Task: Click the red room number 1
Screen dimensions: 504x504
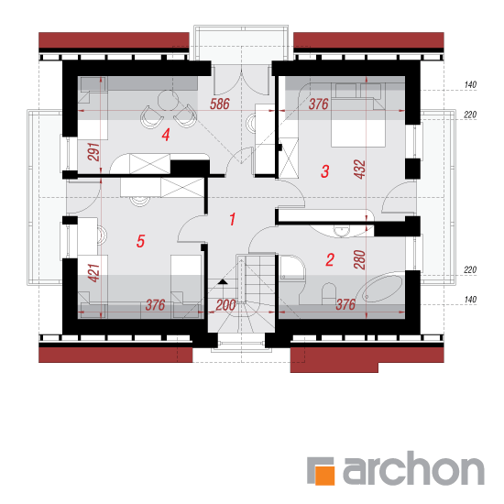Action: (233, 219)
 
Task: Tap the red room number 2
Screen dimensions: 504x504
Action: (330, 259)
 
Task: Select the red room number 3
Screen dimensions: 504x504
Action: (325, 171)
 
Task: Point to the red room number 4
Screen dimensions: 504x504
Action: (166, 135)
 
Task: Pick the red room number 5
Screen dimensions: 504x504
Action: (140, 241)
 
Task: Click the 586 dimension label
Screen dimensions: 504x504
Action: (220, 104)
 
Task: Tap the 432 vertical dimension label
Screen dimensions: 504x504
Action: (360, 170)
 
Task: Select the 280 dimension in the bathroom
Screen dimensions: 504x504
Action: (360, 259)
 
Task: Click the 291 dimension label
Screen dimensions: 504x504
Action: (93, 152)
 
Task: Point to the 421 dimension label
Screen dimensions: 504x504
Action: (93, 273)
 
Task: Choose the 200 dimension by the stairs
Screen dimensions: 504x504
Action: (225, 305)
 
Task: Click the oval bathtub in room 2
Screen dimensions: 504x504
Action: (382, 289)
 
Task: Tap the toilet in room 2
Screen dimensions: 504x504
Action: (329, 293)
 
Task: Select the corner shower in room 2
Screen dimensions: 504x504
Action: (291, 268)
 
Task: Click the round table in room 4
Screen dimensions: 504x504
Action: (168, 100)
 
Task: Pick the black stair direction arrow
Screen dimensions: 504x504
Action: (223, 282)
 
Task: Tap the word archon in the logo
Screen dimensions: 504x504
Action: (413, 467)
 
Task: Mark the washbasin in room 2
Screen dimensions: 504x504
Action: (342, 230)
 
